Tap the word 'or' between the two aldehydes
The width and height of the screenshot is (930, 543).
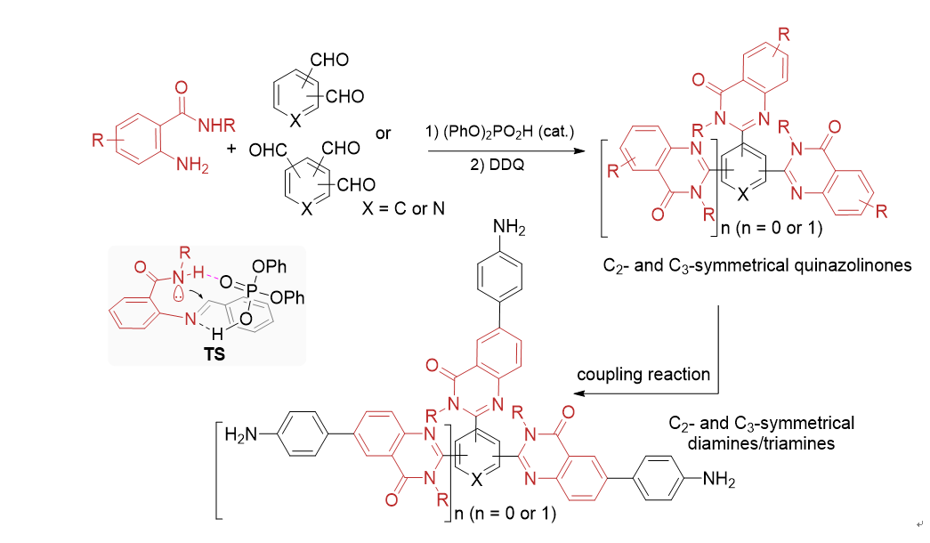384,134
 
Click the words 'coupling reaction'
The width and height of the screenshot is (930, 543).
644,374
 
